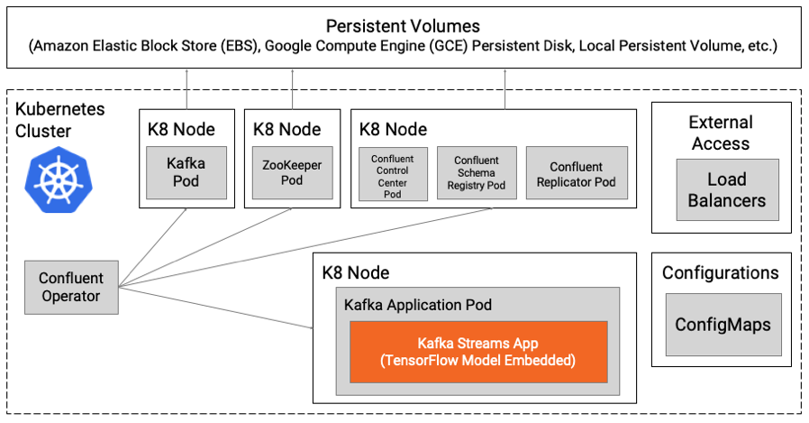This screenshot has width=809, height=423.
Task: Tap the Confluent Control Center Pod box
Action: [x=392, y=174]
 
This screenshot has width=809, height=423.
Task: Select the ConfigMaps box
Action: [x=723, y=324]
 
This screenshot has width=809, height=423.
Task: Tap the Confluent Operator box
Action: [x=71, y=287]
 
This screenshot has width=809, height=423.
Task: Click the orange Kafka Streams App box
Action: [x=478, y=352]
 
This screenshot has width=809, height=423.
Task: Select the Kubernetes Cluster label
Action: [x=60, y=120]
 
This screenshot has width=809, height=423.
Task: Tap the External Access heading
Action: [x=720, y=133]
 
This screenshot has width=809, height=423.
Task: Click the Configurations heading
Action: [x=720, y=272]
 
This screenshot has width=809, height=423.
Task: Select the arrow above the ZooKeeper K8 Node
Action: [x=292, y=88]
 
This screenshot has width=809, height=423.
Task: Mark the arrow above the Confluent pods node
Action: [x=504, y=88]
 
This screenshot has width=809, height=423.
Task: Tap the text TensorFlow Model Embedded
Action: [x=478, y=361]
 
